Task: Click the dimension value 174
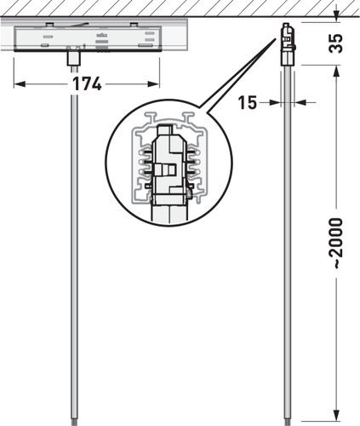87,83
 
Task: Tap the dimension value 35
336,43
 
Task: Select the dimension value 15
248,102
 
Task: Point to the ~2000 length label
336,243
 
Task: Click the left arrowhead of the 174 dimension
20,84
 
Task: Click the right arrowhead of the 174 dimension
153,84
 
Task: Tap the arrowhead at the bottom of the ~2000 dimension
336,416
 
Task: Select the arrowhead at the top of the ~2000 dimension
336,72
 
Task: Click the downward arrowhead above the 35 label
336,16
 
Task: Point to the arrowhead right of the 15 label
301,102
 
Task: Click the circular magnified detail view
169,163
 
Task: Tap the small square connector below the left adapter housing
73,59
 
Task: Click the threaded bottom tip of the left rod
74,422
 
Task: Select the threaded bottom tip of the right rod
288,422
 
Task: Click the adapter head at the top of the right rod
289,44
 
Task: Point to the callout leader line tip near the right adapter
275,39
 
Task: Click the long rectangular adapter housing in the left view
88,39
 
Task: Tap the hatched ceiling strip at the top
180,8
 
